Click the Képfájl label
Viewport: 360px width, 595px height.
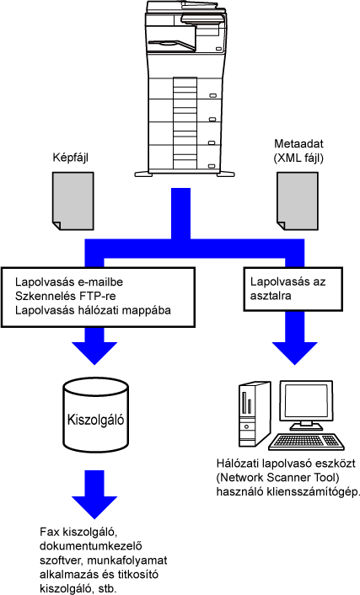pos(70,158)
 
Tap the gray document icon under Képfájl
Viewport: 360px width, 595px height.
pos(73,201)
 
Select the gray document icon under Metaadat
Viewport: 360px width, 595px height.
pos(298,201)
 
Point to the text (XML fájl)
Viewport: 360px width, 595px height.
pos(298,158)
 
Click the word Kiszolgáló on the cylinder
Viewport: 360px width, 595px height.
pos(95,420)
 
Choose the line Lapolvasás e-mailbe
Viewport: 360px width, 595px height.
pos(69,282)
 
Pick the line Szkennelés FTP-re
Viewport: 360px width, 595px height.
pos(66,296)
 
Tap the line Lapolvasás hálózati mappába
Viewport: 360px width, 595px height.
pos(93,310)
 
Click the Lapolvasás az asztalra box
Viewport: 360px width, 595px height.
pos(293,289)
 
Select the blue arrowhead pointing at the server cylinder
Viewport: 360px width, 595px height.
pos(94,352)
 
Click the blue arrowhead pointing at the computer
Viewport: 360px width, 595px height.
pos(295,352)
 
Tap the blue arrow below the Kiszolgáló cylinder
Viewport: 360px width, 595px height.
pos(94,494)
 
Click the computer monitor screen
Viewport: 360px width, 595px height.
pos(305,402)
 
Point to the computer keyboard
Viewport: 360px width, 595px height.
pos(307,442)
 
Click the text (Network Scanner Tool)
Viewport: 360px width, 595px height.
pos(278,477)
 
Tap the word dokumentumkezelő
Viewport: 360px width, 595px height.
pos(91,546)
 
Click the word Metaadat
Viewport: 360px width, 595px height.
pos(298,144)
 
